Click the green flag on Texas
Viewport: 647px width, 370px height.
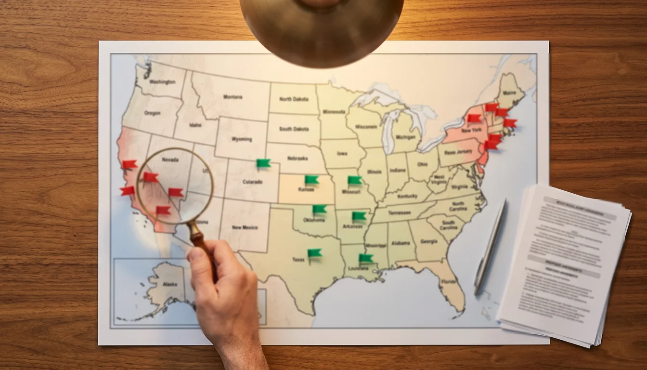[314, 253]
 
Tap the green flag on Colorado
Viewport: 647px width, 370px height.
[263, 163]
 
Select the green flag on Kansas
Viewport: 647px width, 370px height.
[311, 180]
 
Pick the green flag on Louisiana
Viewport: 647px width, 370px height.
[365, 258]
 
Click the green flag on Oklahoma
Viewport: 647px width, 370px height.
[319, 209]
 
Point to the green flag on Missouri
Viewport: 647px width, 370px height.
[354, 180]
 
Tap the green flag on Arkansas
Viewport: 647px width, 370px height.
[359, 216]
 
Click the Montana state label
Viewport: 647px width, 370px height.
[233, 97]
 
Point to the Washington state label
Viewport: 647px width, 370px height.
[162, 82]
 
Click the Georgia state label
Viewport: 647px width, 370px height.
[428, 241]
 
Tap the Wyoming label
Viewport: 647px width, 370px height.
[241, 140]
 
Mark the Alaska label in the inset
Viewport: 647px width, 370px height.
[170, 284]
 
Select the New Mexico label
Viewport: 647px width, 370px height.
[245, 227]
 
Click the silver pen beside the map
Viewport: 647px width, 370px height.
[490, 247]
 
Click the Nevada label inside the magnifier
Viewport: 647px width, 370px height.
[170, 159]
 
